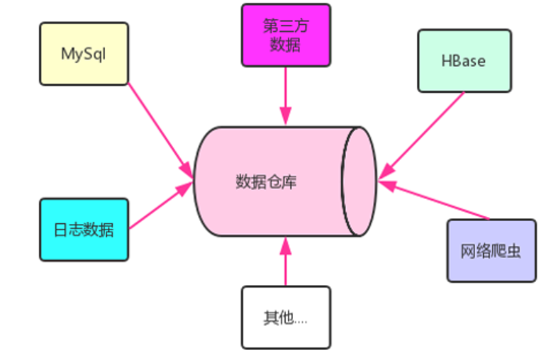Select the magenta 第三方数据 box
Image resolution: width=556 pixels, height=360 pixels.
point(286,35)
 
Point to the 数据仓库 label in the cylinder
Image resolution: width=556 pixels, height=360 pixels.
point(266,182)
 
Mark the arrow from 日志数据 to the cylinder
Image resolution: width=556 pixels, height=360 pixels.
point(161,207)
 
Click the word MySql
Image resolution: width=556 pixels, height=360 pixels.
point(84,54)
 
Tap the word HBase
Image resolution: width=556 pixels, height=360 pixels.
point(464,61)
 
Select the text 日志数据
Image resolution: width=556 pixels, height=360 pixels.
point(84,230)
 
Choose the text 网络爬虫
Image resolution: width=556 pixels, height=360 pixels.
point(491,252)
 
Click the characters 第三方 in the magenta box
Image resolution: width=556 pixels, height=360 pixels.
point(286,26)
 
